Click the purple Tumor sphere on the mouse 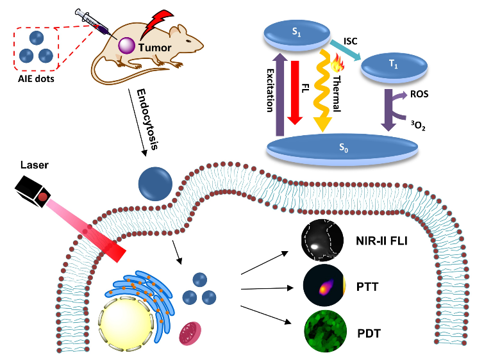127,45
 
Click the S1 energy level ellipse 294,31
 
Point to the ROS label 419,93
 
